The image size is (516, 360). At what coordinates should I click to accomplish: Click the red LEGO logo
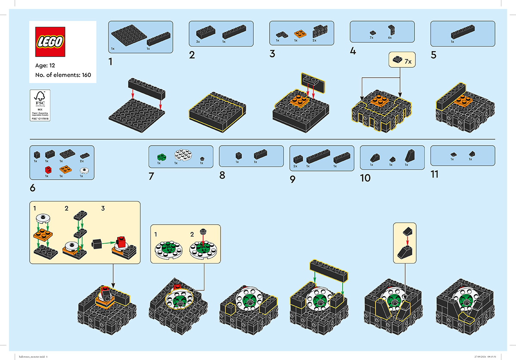pyautogui.click(x=51, y=41)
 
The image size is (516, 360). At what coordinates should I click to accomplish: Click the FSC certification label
pyautogui.click(x=40, y=105)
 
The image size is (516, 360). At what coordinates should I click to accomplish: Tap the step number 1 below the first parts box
pyautogui.click(x=111, y=62)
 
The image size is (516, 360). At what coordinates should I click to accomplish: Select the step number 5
pyautogui.click(x=433, y=55)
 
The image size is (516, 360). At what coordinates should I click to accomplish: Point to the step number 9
pyautogui.click(x=293, y=180)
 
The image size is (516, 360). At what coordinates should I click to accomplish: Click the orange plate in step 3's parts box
pyautogui.click(x=298, y=33)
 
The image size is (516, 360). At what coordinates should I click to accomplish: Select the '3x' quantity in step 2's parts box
pyautogui.click(x=198, y=42)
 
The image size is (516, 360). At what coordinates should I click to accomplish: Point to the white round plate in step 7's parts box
pyautogui.click(x=182, y=155)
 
